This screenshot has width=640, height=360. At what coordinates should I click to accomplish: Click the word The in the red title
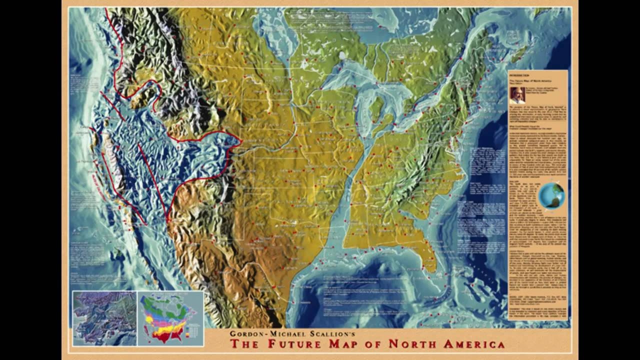click(244, 344)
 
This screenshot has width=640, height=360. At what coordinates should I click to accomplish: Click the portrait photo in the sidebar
click(517, 95)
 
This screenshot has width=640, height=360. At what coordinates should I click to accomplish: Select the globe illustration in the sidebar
click(552, 195)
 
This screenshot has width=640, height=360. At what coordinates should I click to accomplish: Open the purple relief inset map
click(104, 318)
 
